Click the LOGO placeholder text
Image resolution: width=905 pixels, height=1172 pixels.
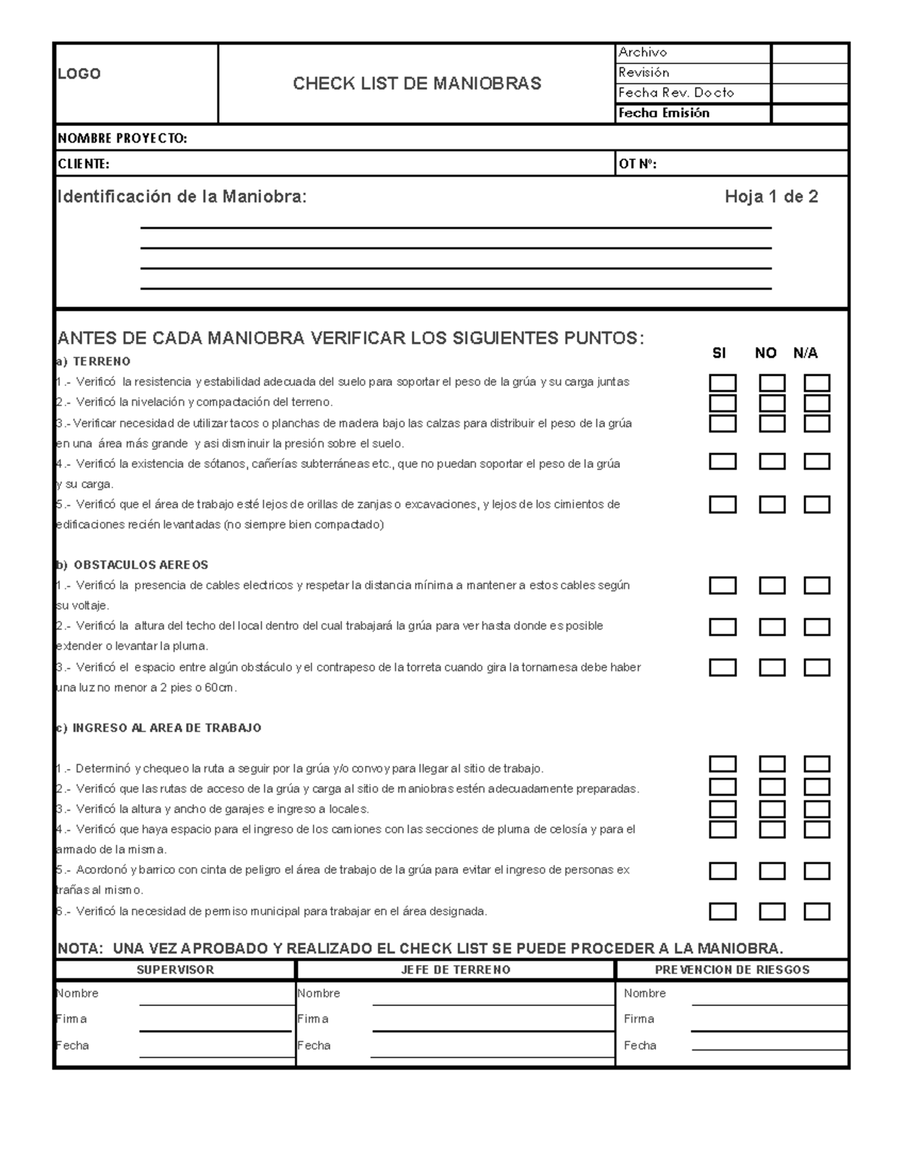click(x=79, y=73)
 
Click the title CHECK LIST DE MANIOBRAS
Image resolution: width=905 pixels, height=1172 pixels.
click(x=416, y=83)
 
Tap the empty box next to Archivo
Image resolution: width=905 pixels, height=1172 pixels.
click(x=810, y=53)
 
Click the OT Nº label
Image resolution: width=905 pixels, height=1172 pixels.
click(x=637, y=164)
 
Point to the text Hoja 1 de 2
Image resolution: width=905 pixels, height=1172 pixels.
click(x=771, y=197)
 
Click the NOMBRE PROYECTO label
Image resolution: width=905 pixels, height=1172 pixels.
click(x=122, y=138)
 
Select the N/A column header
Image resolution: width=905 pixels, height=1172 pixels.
click(x=805, y=352)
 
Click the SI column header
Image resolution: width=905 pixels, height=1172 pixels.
click(x=719, y=352)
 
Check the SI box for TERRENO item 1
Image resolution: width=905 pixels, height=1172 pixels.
click(x=722, y=383)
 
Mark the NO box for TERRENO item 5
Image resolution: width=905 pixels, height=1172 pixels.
click(x=772, y=504)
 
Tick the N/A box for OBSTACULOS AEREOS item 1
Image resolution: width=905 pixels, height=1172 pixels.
click(x=817, y=586)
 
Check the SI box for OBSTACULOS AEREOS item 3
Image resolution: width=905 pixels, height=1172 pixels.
click(x=722, y=667)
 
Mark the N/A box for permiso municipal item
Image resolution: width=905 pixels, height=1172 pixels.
click(x=817, y=911)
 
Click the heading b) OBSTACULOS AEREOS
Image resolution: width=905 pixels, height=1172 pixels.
click(x=133, y=564)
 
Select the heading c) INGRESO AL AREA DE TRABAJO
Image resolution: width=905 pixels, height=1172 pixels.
click(x=159, y=728)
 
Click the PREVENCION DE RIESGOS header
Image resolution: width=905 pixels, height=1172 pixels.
click(x=732, y=970)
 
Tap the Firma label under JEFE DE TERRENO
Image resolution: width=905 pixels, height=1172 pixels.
click(x=312, y=1019)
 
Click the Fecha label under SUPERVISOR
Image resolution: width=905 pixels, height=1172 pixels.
click(x=72, y=1045)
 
